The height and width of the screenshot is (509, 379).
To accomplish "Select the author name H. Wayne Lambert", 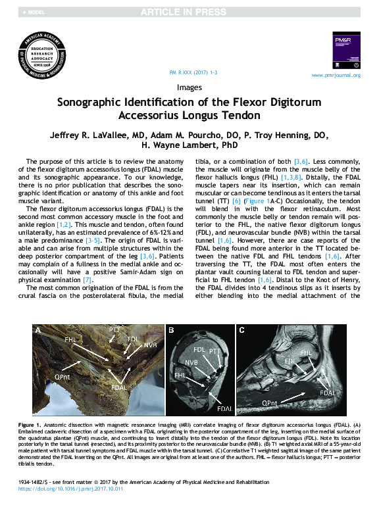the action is click(189, 145).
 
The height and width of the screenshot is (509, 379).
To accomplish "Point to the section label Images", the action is click(189, 87).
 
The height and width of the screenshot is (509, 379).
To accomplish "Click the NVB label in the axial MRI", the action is click(191, 362).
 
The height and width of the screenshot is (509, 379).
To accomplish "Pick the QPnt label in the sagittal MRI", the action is click(269, 402).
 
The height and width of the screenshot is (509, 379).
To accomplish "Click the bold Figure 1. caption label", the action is click(31, 425).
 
